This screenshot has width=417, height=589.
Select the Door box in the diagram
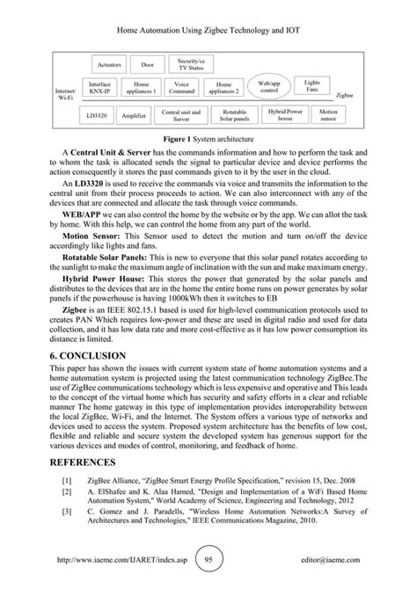[147, 65]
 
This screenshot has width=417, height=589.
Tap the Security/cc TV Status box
[190, 65]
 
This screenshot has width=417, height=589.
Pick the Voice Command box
[182, 88]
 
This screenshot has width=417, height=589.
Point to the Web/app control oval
[269, 88]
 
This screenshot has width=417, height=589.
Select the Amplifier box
[109, 114]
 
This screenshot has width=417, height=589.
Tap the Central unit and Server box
[180, 114]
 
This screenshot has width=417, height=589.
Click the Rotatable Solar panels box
[235, 114]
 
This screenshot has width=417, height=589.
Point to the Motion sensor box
[328, 114]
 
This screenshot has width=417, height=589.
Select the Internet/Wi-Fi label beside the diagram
[65, 94]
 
